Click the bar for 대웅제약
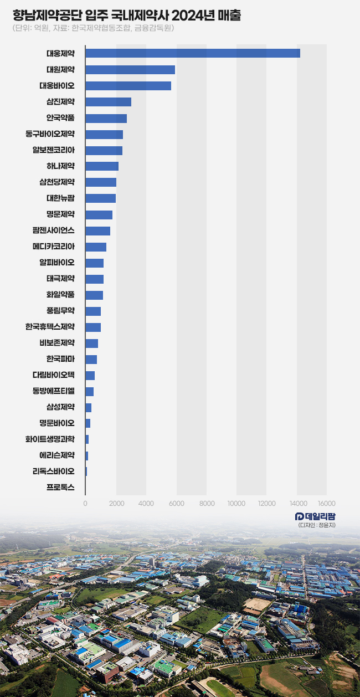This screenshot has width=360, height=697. click(193, 53)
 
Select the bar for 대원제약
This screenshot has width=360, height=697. click(130, 70)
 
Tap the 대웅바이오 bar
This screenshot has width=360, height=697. click(128, 86)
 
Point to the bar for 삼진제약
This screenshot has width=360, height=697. click(108, 102)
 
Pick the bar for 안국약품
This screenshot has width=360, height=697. click(106, 118)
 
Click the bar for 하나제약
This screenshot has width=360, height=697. click(102, 166)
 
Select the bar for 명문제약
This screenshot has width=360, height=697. click(99, 215)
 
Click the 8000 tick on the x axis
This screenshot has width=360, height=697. click(207, 503)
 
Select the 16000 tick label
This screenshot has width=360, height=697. click(326, 503)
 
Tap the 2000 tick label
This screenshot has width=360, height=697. click(116, 503)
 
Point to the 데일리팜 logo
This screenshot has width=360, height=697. click(315, 516)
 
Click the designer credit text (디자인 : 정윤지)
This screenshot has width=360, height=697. click(316, 525)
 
